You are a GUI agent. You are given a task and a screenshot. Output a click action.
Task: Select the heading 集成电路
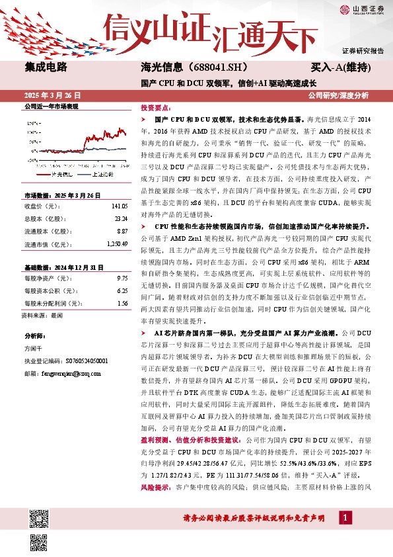tap(46, 67)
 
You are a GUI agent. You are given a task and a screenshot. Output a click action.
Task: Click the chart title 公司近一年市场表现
tap(51, 106)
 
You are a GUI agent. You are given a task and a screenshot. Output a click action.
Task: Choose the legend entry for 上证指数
tap(102, 173)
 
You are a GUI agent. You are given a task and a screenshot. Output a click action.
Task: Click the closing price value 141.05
tap(119, 205)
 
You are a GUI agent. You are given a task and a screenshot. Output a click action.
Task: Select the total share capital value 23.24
tap(121, 218)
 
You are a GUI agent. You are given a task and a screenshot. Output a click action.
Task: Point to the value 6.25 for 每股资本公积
tap(122, 290)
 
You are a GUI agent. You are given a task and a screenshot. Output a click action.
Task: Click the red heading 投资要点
tap(156, 107)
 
